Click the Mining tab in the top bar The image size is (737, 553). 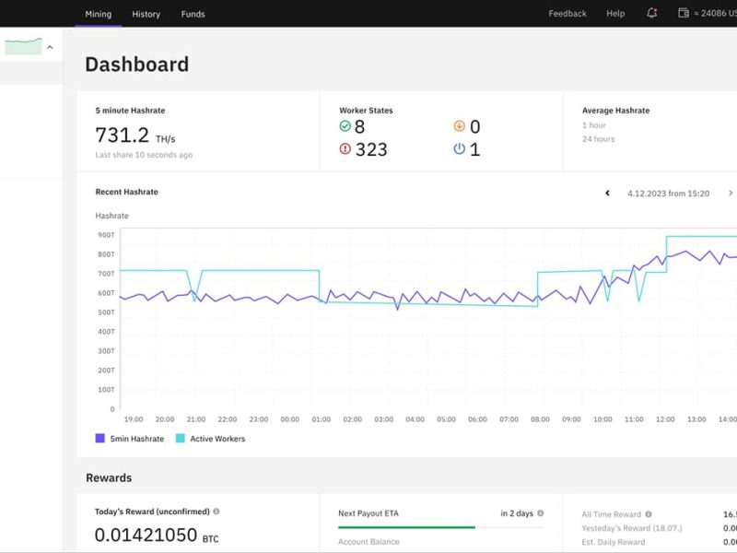pos(99,14)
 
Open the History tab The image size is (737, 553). pos(146,14)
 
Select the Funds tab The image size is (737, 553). pos(193,14)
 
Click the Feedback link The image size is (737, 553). pos(567,14)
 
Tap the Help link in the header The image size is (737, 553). pos(615,14)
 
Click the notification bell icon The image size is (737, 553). pos(652,13)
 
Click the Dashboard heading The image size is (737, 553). pos(137,65)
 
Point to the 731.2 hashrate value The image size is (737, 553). pos(123,135)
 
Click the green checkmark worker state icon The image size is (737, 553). pos(345,126)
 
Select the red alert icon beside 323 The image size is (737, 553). pos(345,149)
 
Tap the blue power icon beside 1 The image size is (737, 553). pos(460,149)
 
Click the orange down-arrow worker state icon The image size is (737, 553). pos(460,126)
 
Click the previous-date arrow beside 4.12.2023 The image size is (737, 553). pos(607,194)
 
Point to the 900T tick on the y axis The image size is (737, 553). pos(105,235)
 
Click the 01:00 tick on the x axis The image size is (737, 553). pos(321,419)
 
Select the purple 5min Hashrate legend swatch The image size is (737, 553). pos(99,439)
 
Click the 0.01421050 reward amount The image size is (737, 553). pos(146,535)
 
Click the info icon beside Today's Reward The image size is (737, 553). pos(216,512)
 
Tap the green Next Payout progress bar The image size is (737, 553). pos(406,527)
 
